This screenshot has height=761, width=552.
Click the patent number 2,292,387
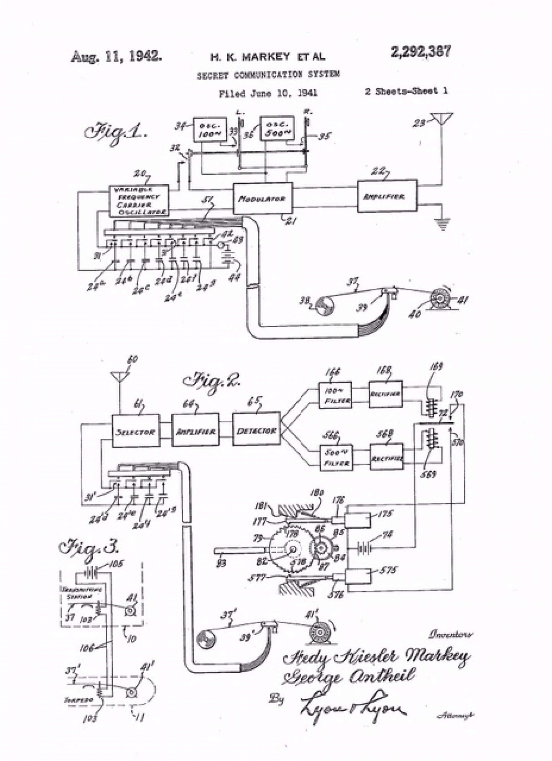pyautogui.click(x=421, y=52)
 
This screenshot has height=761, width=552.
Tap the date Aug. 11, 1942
pyautogui.click(x=116, y=57)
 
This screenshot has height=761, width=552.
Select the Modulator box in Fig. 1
pyautogui.click(x=263, y=198)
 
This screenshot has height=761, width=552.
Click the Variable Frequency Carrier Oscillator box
pyautogui.click(x=139, y=201)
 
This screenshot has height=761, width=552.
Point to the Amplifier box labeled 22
pyautogui.click(x=387, y=196)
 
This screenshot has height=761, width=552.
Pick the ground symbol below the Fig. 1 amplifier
pyautogui.click(x=442, y=225)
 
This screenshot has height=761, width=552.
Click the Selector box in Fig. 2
pyautogui.click(x=136, y=431)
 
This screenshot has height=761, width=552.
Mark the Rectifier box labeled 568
pyautogui.click(x=386, y=457)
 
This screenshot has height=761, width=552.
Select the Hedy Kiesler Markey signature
pyautogui.click(x=376, y=657)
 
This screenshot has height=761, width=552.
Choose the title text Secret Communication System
pyautogui.click(x=268, y=75)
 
